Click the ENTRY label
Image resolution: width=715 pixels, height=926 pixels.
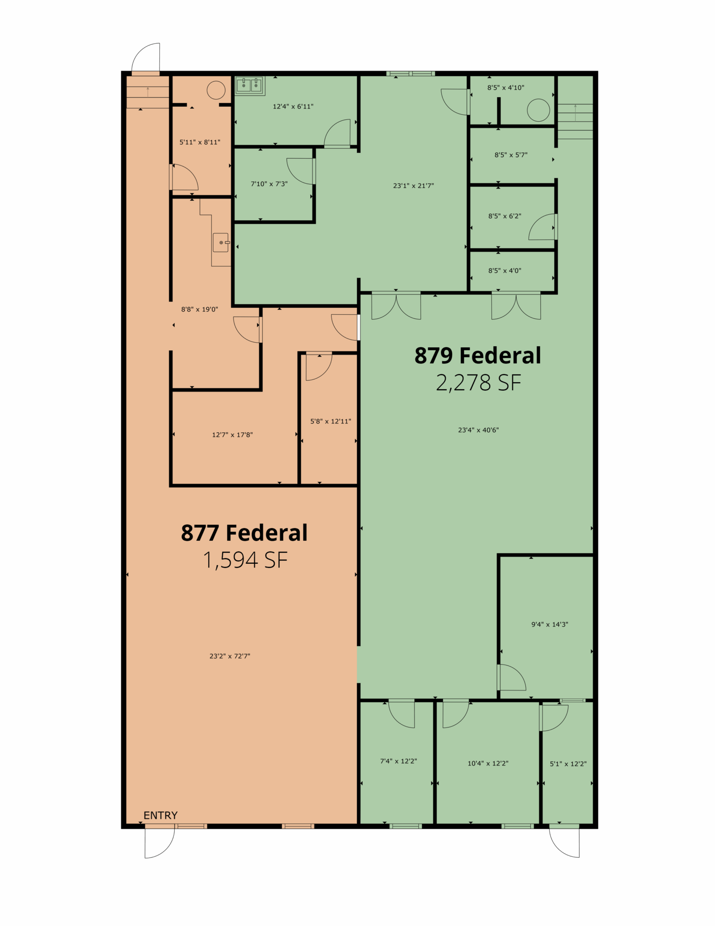click(x=160, y=815)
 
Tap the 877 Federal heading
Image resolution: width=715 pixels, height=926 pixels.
click(x=244, y=533)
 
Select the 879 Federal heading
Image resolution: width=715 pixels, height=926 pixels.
click(x=478, y=355)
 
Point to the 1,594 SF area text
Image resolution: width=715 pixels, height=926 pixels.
click(x=245, y=560)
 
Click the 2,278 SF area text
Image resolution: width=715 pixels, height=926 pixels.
click(x=479, y=383)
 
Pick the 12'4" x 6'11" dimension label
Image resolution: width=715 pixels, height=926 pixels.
click(x=293, y=107)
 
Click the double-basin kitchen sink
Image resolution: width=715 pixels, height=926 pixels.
click(x=250, y=85)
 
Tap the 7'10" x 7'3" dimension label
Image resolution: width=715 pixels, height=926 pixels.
click(x=269, y=184)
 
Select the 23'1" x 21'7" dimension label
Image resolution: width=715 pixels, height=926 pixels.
click(x=413, y=185)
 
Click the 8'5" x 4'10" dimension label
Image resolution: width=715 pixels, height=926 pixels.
click(x=506, y=88)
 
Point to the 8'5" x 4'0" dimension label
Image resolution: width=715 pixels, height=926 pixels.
click(x=505, y=271)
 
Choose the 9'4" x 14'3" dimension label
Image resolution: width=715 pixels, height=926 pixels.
click(x=550, y=624)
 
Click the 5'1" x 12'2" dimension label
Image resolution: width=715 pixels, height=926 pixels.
click(x=568, y=764)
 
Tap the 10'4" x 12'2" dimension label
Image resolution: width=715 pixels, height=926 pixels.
click(x=488, y=763)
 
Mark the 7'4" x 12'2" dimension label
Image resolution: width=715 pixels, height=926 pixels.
click(x=398, y=761)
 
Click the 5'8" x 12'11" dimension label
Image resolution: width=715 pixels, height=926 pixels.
click(x=331, y=421)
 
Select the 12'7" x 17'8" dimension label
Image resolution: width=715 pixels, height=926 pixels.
click(x=233, y=435)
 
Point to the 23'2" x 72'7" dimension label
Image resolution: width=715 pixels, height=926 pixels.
click(x=230, y=656)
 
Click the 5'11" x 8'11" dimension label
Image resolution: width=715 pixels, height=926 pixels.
click(x=200, y=142)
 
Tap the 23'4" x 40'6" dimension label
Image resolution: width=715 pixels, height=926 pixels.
click(x=478, y=430)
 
